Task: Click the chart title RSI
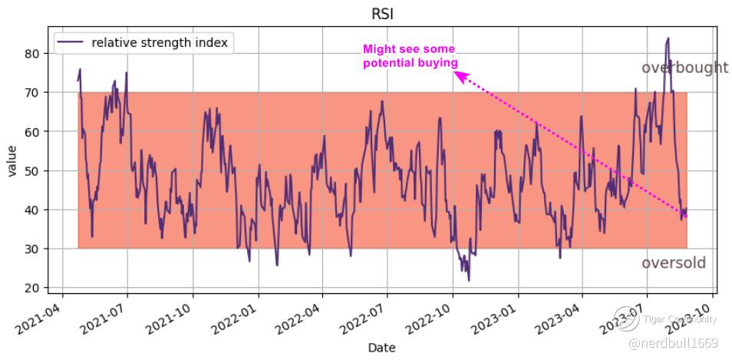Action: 383,13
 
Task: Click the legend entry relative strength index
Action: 159,43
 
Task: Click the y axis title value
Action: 13,160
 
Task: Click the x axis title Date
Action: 382,348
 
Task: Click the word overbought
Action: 684,68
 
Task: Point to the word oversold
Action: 673,263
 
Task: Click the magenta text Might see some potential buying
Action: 410,56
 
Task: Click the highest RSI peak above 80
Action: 668,38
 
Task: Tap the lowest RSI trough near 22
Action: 469,280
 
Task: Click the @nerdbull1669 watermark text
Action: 673,342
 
